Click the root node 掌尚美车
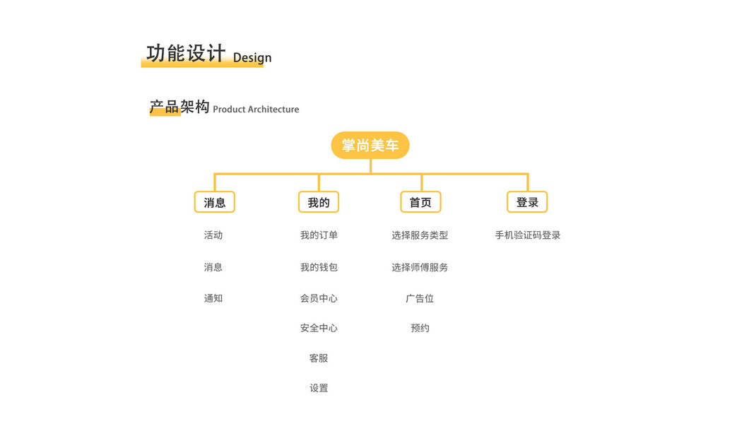pyautogui.click(x=370, y=146)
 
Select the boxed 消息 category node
pyautogui.click(x=214, y=202)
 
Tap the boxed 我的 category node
pyautogui.click(x=318, y=202)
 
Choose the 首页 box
pyautogui.click(x=420, y=202)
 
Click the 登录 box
pyautogui.click(x=527, y=202)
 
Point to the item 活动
pyautogui.click(x=213, y=235)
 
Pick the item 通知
pyautogui.click(x=213, y=298)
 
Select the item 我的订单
pyautogui.click(x=319, y=235)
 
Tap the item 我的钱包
pyautogui.click(x=319, y=267)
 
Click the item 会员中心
pyautogui.click(x=319, y=298)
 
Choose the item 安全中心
pyautogui.click(x=319, y=328)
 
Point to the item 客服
pyautogui.click(x=319, y=358)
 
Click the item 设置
pyautogui.click(x=319, y=388)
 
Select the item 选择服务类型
pyautogui.click(x=420, y=235)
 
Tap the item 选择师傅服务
pyautogui.click(x=420, y=267)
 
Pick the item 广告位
pyautogui.click(x=420, y=298)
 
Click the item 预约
pyautogui.click(x=420, y=328)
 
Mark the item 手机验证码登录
pyautogui.click(x=528, y=235)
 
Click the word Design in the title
pyautogui.click(x=252, y=58)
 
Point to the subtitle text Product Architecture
pyautogui.click(x=256, y=110)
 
